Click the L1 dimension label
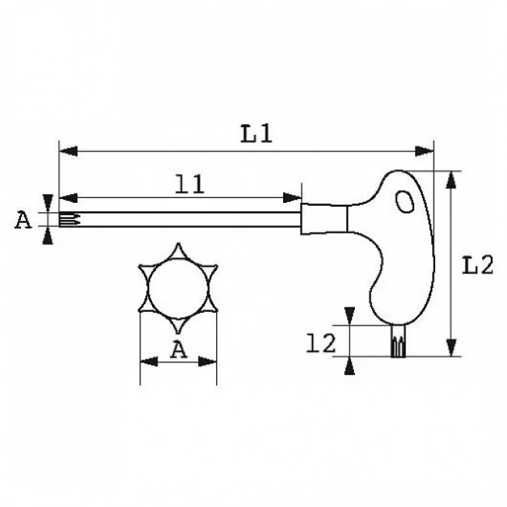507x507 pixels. pos(255,133)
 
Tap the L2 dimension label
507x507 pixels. pos(475,266)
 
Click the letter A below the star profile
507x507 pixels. pos(178,350)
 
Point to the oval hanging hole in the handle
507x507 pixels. pos(405,202)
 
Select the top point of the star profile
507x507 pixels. pos(178,248)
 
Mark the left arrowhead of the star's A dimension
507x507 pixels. pos(147,361)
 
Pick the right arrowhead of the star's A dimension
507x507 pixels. pos(210,361)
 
